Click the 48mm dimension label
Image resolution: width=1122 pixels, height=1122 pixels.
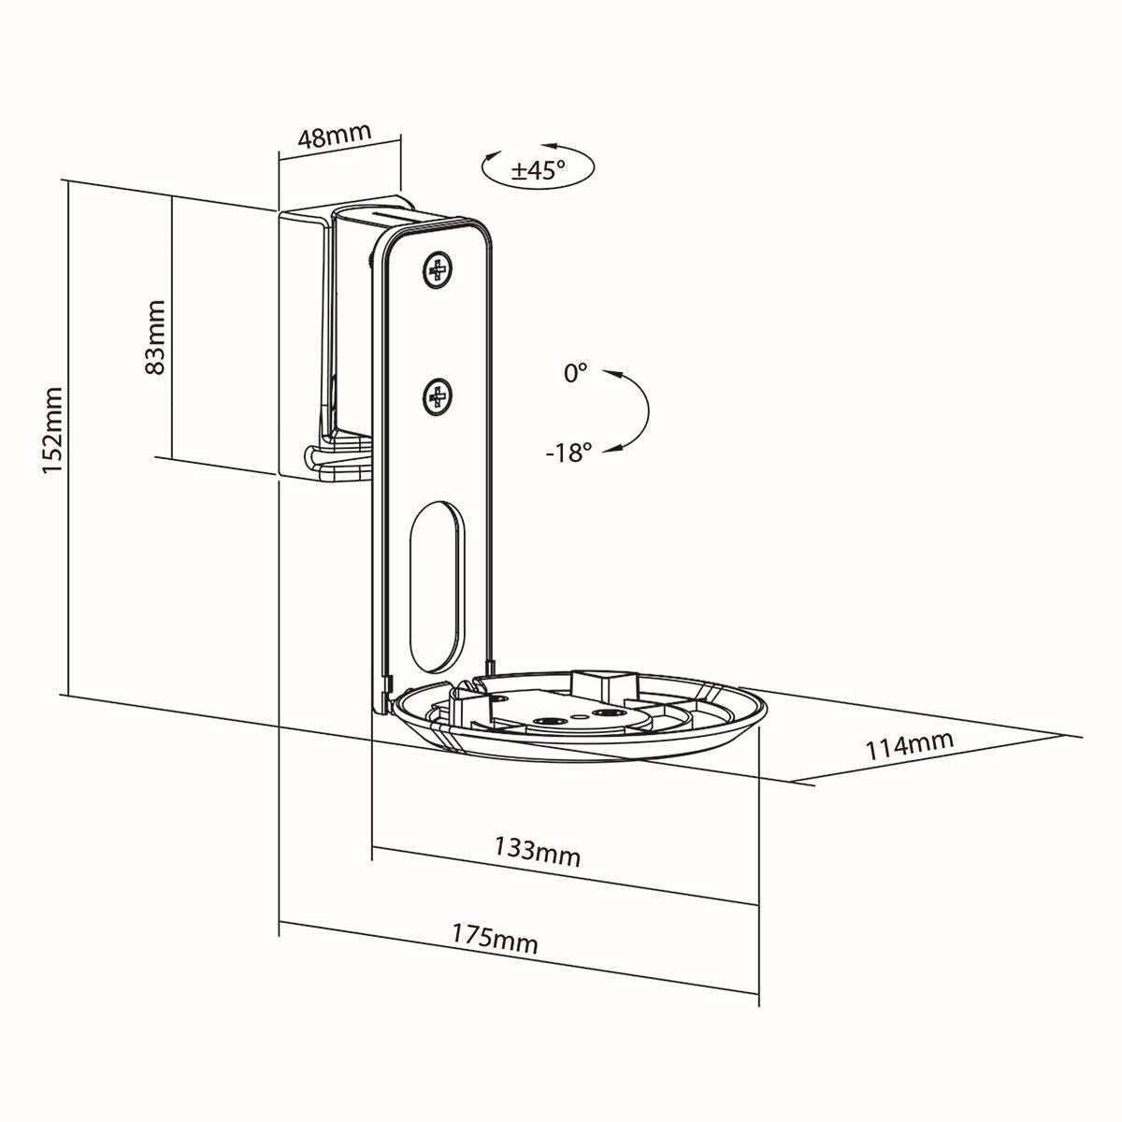click(335, 137)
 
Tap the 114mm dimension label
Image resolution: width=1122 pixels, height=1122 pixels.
click(909, 745)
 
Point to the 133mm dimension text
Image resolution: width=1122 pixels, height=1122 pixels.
click(537, 851)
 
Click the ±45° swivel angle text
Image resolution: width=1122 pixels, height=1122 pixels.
click(539, 170)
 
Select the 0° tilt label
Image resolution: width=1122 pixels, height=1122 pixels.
click(575, 373)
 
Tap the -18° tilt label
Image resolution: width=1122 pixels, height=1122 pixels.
click(569, 453)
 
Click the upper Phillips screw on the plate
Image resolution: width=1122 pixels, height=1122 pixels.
click(436, 271)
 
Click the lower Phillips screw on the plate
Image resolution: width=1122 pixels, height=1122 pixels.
click(436, 399)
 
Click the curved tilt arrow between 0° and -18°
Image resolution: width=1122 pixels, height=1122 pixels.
click(646, 411)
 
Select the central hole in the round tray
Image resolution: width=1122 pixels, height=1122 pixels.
click(546, 721)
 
